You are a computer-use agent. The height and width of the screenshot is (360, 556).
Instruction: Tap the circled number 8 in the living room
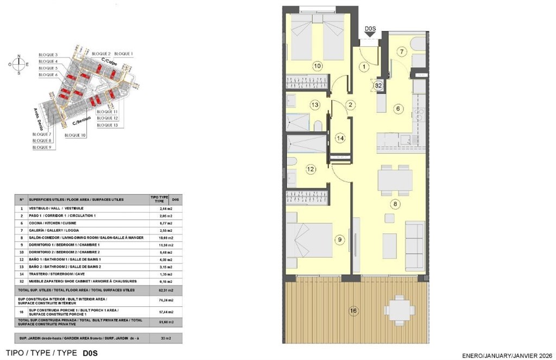coord(396,204)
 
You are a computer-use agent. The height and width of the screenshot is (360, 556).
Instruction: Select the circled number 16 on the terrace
coord(353,311)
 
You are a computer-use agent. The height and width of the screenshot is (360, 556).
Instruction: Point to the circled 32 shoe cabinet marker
coord(378,85)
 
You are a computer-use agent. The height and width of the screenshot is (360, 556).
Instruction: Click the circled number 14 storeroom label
coord(340,138)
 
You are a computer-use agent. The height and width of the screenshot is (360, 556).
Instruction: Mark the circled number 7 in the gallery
coord(401,52)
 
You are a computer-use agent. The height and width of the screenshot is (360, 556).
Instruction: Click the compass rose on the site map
coord(19,64)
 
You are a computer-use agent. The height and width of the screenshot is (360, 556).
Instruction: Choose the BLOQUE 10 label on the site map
coord(75,135)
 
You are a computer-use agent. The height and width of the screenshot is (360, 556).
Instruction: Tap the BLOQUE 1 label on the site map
coord(124,54)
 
